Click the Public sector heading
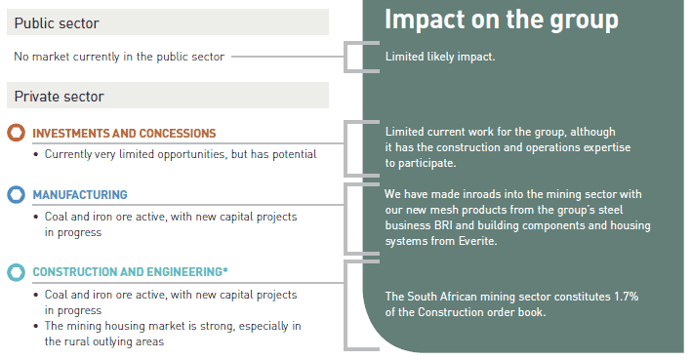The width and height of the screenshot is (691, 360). [57, 22]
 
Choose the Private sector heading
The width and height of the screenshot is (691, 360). [60, 96]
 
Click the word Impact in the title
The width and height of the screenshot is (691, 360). [425, 20]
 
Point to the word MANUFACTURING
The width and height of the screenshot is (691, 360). [80, 195]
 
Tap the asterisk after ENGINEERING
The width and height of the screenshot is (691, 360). [225, 269]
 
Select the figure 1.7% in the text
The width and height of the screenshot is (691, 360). [627, 297]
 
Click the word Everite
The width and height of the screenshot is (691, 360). [477, 241]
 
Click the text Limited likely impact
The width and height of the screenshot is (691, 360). [440, 57]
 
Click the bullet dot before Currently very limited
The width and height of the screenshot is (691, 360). [36, 155]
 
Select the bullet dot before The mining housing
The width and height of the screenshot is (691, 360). [36, 327]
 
